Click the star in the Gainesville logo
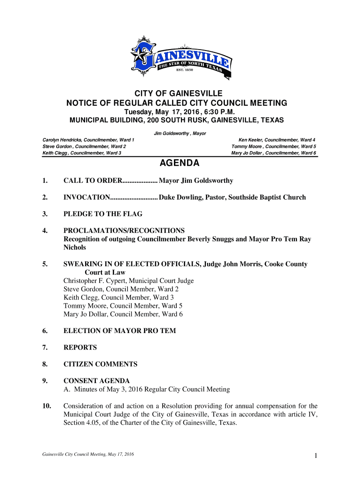coord(139,57)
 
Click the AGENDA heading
coord(180,163)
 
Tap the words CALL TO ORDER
coord(93,181)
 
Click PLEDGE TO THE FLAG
coord(103,214)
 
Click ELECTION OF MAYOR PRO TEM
coord(120,331)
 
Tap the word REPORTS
coord(80,348)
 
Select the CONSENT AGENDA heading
coord(96,381)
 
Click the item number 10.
coord(46,406)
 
